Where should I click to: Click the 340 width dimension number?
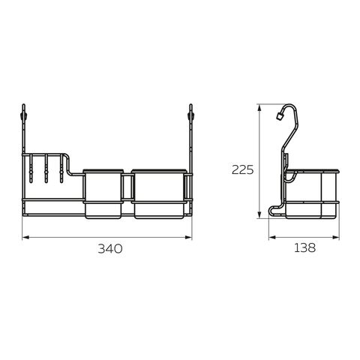(x=110, y=249)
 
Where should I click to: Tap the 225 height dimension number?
(x=242, y=170)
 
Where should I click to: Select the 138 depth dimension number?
(x=304, y=247)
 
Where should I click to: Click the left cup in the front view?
(x=103, y=194)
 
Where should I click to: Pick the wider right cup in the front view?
(x=159, y=194)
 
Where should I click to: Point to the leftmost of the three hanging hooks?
(x=31, y=169)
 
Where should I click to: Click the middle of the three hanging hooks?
(x=46, y=169)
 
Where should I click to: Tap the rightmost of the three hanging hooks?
(x=61, y=169)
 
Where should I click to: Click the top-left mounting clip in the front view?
(x=24, y=115)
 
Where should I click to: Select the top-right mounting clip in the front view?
(x=190, y=115)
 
